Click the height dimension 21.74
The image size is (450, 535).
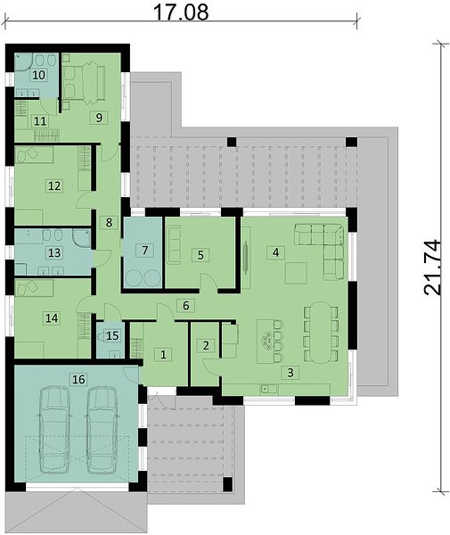pyautogui.click(x=432, y=267)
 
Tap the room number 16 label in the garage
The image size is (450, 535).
pyautogui.click(x=78, y=379)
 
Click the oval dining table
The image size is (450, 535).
pyautogui.click(x=321, y=332)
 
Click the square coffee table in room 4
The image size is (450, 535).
pyautogui.click(x=296, y=273)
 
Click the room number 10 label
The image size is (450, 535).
pyautogui.click(x=39, y=75)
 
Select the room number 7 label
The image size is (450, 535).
pyautogui.click(x=145, y=250)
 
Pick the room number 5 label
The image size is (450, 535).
pyautogui.click(x=200, y=255)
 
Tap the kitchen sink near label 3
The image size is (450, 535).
pyautogui.click(x=269, y=388)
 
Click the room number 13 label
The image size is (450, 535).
pyautogui.click(x=54, y=253)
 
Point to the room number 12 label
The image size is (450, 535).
pyautogui.click(x=54, y=186)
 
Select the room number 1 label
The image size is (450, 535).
pyautogui.click(x=163, y=355)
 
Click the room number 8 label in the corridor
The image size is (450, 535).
pyautogui.click(x=109, y=222)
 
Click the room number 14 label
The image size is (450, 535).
pyautogui.click(x=52, y=318)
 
